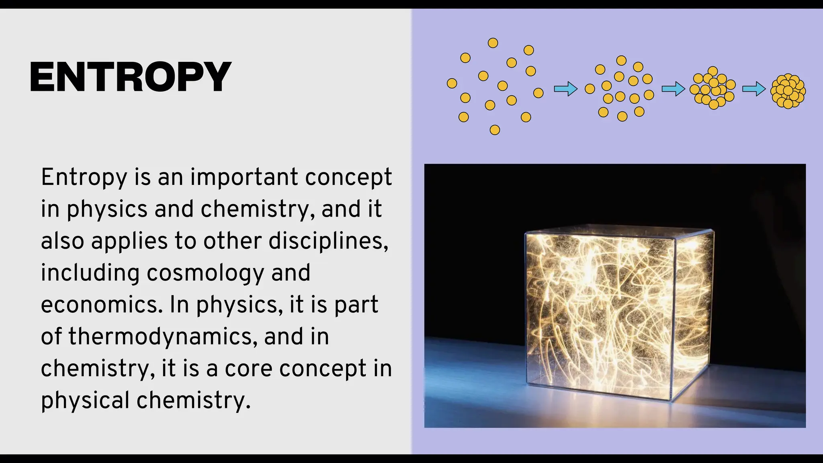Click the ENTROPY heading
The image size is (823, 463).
[x=130, y=77]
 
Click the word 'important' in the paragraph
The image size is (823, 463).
[x=244, y=177]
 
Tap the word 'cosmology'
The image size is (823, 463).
[x=205, y=273]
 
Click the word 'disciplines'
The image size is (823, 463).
[x=328, y=241]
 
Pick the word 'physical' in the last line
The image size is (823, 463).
[x=85, y=400]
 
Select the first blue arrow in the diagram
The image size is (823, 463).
[x=565, y=89]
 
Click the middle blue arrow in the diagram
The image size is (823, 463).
[x=673, y=89]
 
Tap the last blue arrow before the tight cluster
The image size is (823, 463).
[x=754, y=89]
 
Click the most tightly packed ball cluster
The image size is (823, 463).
[x=788, y=91]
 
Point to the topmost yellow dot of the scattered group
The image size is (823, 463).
[x=493, y=43]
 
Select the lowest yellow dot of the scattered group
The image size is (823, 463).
[x=495, y=130]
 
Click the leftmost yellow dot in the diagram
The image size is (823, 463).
[x=452, y=83]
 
